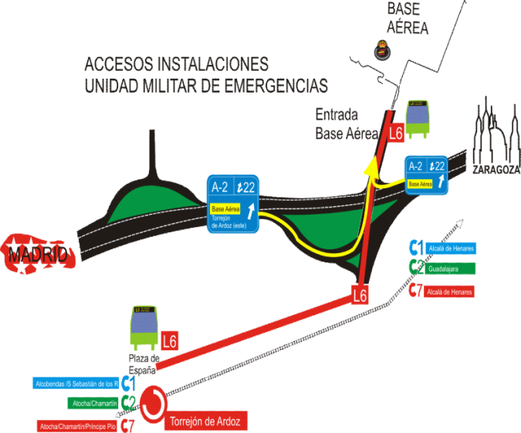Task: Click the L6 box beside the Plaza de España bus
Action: [x=171, y=340]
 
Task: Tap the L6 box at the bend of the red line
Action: [x=359, y=295]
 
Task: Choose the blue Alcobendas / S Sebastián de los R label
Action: [x=76, y=383]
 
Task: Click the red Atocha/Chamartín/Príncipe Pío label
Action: [x=77, y=425]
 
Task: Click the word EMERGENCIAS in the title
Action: [x=275, y=85]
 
